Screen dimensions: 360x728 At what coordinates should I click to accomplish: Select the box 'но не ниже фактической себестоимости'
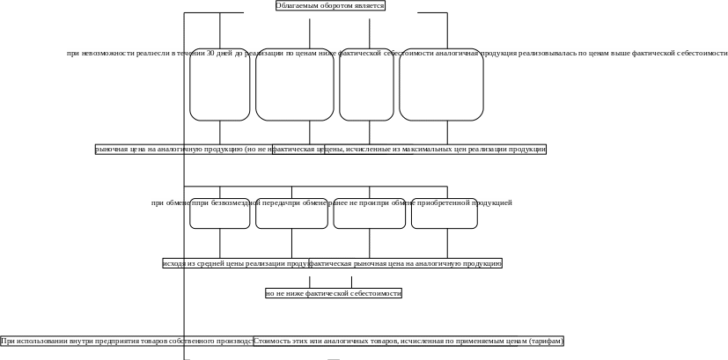click(334, 293)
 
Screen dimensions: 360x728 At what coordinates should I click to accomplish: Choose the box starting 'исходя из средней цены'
click(235, 263)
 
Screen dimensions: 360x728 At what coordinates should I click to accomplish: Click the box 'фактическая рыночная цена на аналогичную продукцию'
click(406, 263)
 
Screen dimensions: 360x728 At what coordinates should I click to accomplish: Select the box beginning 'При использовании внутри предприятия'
click(127, 341)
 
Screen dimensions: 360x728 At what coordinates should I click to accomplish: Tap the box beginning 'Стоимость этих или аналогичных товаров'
click(408, 341)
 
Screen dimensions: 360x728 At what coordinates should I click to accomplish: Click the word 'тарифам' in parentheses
click(548, 341)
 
